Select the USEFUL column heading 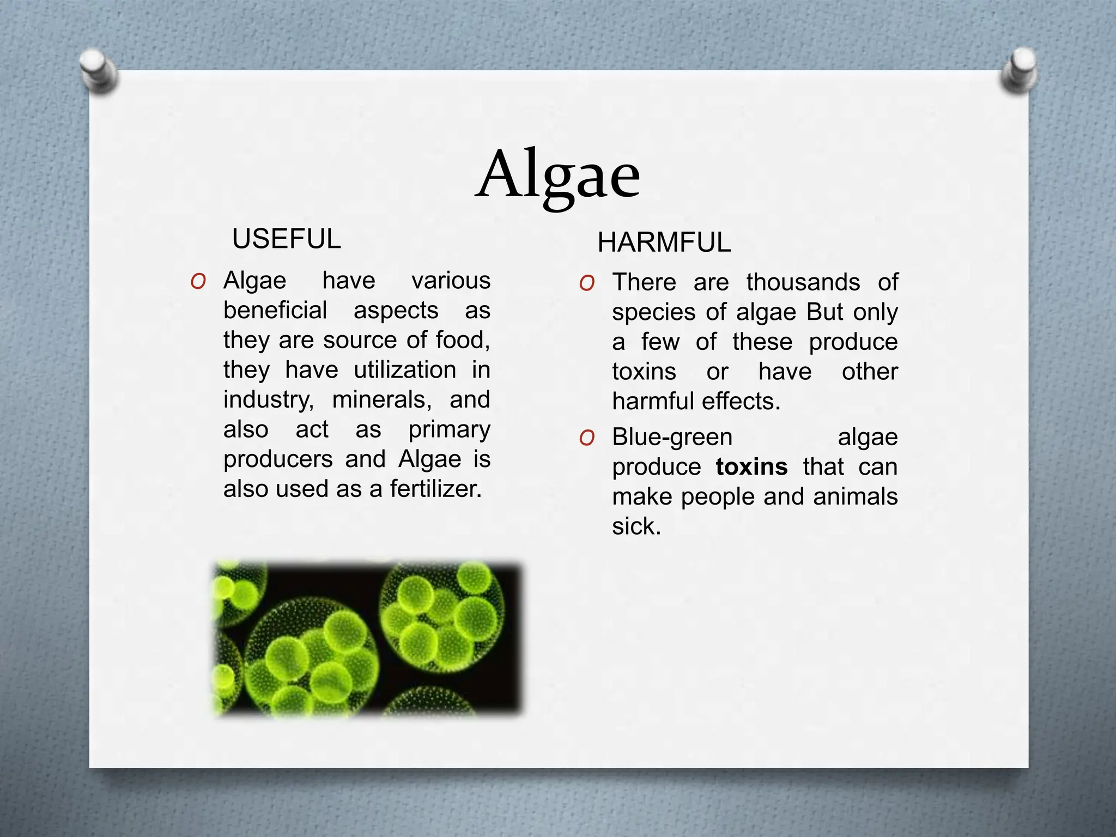pos(287,239)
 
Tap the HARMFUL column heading pos(664,242)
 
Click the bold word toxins pos(751,467)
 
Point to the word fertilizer pos(435,489)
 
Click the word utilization pos(405,370)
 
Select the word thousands pos(803,282)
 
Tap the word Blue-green pos(672,437)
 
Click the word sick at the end pos(635,526)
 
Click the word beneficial pos(275,311)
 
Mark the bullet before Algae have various pos(198,282)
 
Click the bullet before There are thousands pos(587,283)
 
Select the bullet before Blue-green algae pos(587,438)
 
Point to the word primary pos(449,430)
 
